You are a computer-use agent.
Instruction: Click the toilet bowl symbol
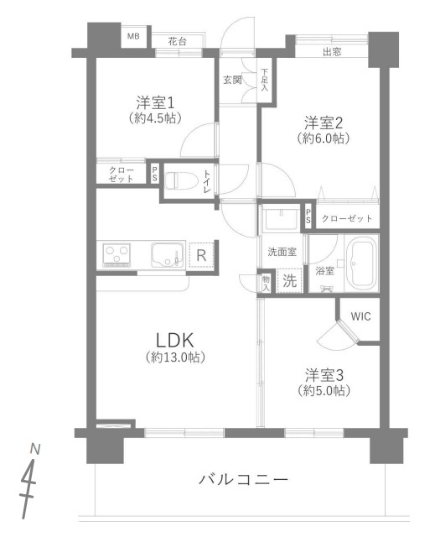pos(181,180)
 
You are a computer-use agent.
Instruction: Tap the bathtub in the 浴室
pos(361,263)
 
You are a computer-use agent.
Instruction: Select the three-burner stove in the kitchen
pos(117,255)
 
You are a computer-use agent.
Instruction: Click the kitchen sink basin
pos(167,255)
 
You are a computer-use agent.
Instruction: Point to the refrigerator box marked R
pos(201,255)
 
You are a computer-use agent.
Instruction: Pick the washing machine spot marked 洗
pos(290,281)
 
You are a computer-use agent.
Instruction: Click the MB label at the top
pos(133,36)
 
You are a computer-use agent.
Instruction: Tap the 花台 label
pos(178,42)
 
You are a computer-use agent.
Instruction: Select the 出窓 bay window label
pos(332,52)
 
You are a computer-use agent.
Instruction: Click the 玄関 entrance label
pos(232,81)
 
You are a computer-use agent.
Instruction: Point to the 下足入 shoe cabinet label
pos(265,80)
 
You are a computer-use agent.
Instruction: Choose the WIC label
pos(360,316)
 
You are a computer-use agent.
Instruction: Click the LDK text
pos(174,340)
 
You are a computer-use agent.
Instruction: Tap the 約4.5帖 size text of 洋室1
pos(155,118)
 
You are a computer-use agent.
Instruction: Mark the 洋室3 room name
pos(324,375)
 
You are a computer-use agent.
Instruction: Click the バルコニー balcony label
pos(244,479)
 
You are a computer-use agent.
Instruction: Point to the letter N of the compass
pos(35,449)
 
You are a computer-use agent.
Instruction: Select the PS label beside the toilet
pos(155,174)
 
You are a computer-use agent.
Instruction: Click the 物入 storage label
pos(266,284)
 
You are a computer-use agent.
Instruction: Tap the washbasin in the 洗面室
pos(281,219)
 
